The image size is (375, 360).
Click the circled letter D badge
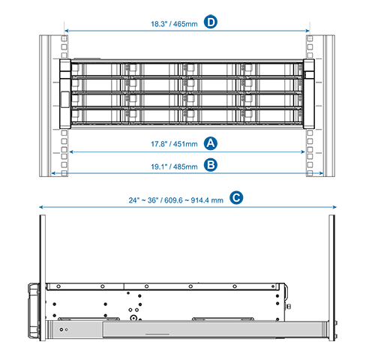(211, 22)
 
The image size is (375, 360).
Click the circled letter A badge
(211, 143)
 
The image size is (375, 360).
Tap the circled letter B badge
(211, 165)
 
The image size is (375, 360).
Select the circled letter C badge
(236, 198)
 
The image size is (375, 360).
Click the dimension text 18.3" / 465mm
(174, 24)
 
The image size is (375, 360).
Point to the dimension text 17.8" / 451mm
(174, 144)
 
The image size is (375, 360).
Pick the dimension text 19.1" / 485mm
(174, 166)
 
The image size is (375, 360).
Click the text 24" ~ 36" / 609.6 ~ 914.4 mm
(175, 200)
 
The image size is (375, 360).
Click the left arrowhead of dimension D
(66, 31)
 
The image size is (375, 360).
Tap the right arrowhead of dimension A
(303, 151)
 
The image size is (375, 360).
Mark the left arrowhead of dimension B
(53, 173)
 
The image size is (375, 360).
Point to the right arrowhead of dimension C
(334, 207)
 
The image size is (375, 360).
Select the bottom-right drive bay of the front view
(272, 116)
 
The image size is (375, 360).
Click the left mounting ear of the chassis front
(65, 94)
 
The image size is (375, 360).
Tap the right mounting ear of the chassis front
(309, 94)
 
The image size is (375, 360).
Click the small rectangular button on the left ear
(65, 100)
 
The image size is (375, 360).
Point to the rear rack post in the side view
(332, 277)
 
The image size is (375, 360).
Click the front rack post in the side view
(43, 277)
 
